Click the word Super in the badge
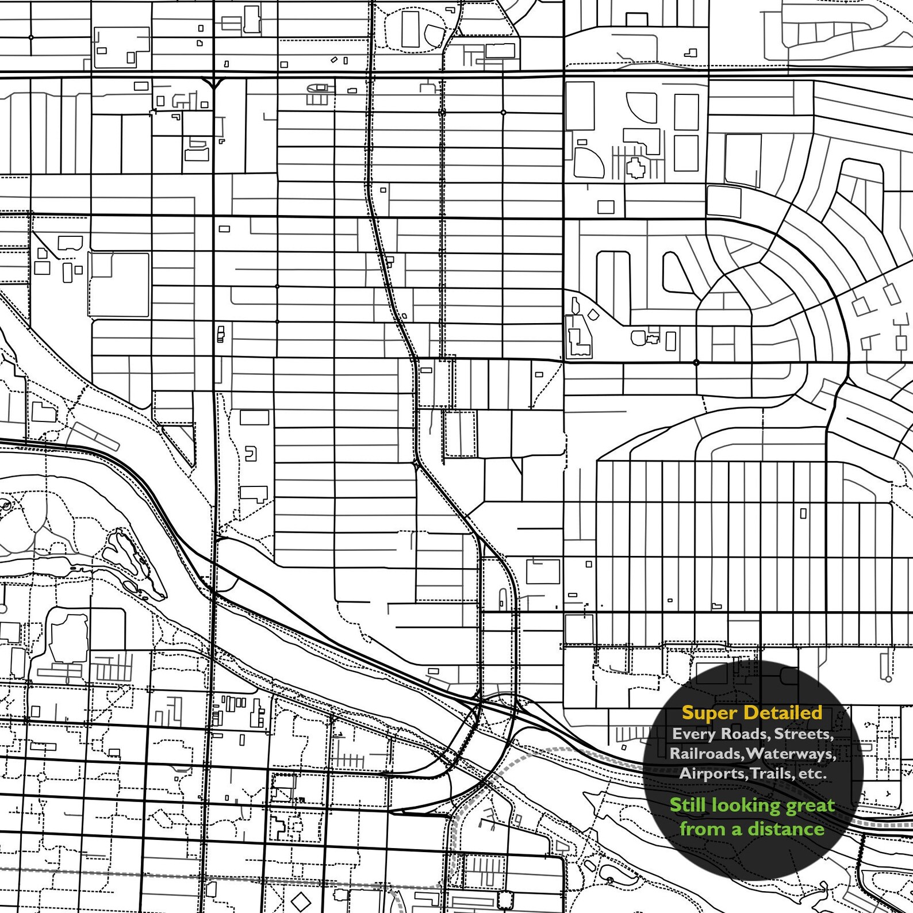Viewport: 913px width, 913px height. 709,713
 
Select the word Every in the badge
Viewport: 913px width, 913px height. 692,734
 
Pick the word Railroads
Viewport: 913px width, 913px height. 705,753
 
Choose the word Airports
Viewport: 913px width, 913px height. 712,773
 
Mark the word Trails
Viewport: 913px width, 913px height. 770,773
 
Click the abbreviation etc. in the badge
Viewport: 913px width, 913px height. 812,774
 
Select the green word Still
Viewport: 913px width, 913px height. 688,805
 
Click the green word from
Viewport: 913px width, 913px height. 697,828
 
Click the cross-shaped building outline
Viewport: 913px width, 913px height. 636,168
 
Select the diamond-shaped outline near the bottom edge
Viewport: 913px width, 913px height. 300,899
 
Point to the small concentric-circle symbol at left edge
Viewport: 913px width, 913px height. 6,505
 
